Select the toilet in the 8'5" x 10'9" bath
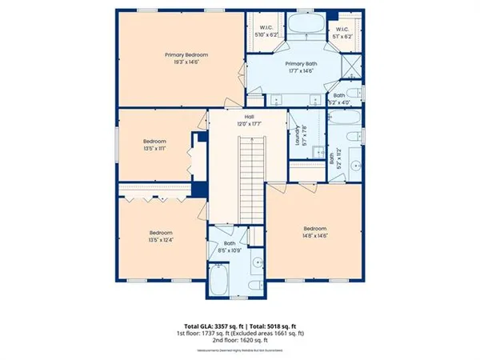pos(254,286)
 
